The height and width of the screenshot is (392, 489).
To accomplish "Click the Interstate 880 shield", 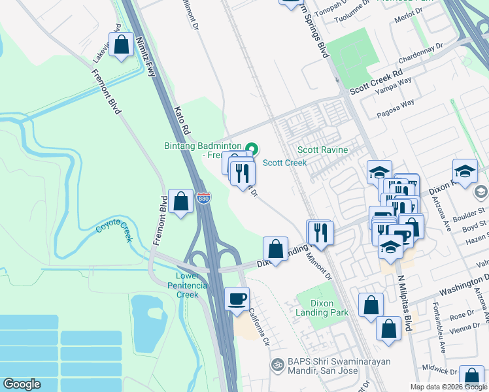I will point(205,197).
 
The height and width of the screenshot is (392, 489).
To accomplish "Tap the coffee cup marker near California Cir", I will point(237,299).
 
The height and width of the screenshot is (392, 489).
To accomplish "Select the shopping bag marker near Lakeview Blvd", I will point(122,46).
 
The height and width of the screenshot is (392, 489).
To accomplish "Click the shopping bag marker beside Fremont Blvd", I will point(180,201).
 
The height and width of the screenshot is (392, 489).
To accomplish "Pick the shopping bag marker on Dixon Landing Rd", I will point(276,249).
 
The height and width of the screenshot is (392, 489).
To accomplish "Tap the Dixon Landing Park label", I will point(322,308).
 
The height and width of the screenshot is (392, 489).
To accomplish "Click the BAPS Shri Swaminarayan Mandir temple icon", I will point(277,363).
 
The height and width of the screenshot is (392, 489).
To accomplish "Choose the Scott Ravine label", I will point(323,150).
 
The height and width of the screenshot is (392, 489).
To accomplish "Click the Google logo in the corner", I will point(22,384).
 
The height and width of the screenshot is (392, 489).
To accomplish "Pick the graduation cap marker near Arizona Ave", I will point(465,172).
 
